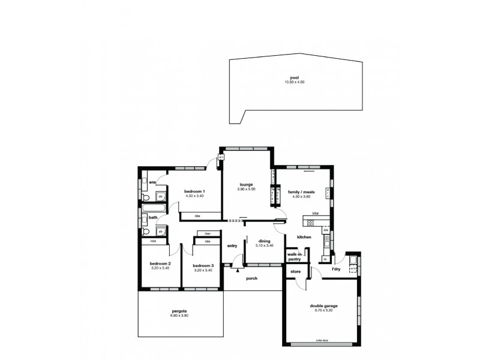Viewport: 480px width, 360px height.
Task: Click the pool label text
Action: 293,77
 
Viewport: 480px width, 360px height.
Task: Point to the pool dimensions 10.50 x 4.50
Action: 293,82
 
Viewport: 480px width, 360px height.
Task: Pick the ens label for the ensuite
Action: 153,182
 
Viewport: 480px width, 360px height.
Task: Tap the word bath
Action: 153,217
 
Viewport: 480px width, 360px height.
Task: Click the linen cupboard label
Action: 207,233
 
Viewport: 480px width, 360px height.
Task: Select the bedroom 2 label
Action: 160,263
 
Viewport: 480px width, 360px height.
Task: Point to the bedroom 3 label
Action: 203,266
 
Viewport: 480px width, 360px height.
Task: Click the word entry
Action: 232,246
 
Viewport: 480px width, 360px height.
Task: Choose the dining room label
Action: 264,241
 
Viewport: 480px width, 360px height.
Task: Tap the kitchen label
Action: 304,238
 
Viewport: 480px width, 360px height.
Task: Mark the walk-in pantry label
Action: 294,257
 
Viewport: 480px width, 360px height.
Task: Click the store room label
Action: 295,272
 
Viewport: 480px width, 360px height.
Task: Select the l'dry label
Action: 336,269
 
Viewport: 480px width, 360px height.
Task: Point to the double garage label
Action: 323,306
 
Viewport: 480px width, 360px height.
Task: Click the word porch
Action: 251,278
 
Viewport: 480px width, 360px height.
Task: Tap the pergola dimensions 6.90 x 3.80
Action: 179,316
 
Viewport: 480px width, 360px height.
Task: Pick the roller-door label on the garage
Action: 322,341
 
